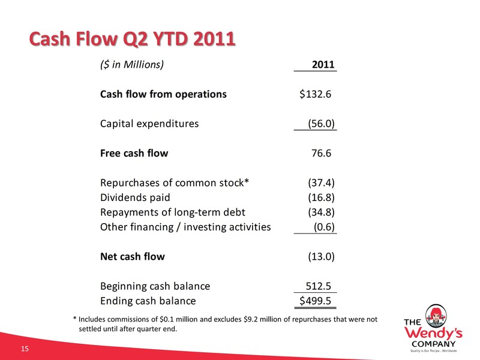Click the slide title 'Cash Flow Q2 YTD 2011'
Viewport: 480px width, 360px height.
[132, 39]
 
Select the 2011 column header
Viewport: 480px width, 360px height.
[323, 65]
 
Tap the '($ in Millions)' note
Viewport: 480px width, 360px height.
[132, 65]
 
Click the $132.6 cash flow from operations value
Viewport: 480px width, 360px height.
[316, 94]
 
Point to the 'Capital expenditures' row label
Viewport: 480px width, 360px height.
[149, 124]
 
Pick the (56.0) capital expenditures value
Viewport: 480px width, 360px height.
[321, 124]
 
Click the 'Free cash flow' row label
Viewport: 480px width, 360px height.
[134, 153]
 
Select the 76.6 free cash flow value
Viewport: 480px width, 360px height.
[321, 153]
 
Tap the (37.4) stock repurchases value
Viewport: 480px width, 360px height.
[321, 183]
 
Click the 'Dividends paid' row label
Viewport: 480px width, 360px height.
[135, 197]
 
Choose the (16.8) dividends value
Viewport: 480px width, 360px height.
[321, 197]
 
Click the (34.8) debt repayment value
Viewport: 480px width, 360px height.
[321, 212]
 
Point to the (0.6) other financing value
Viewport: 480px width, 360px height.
[324, 227]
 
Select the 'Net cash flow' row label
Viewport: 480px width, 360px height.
[132, 256]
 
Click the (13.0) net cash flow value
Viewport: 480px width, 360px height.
[321, 256]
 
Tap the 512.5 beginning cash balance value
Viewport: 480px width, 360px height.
[319, 286]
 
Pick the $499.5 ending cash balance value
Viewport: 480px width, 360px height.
[316, 301]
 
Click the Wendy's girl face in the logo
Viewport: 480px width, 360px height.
[436, 316]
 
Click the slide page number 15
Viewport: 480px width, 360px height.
[25, 349]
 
